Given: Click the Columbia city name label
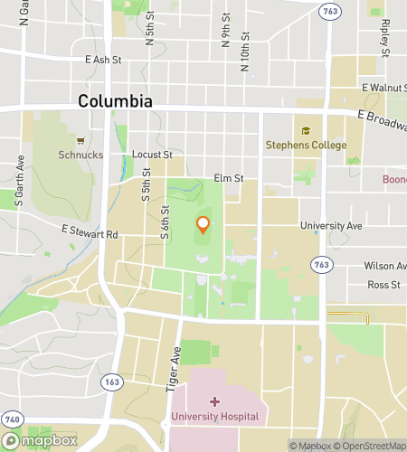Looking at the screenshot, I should pos(115,100).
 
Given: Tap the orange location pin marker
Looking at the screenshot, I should pos(203,224).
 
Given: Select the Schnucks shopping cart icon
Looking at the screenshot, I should pos(80,141).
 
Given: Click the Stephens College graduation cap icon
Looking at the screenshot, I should pos(306,131).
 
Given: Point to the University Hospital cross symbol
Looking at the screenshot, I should pos(214,401).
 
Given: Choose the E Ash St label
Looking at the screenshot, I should pos(102,60).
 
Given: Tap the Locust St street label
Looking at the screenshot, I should pos(152,155).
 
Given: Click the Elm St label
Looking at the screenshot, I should pos(229,179).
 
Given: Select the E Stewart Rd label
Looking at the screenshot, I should pos(90,234).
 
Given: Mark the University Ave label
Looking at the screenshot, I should pos(332,225).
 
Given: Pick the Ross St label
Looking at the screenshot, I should pos(383,285).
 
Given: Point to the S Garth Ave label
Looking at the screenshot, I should pos(19,186).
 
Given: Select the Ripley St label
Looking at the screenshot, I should pos(384,36).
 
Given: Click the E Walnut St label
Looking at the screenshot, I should pos(383,88).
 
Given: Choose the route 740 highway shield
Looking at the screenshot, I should pos(11,421).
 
